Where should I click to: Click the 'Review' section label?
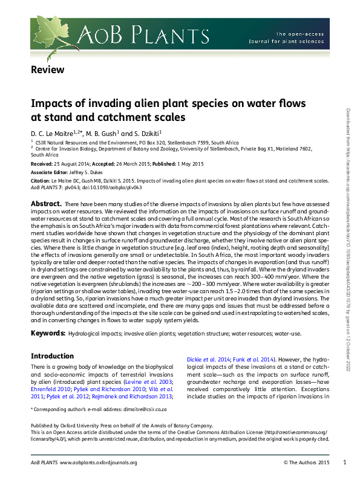tap(47, 70)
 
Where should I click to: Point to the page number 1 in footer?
tap(344, 462)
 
